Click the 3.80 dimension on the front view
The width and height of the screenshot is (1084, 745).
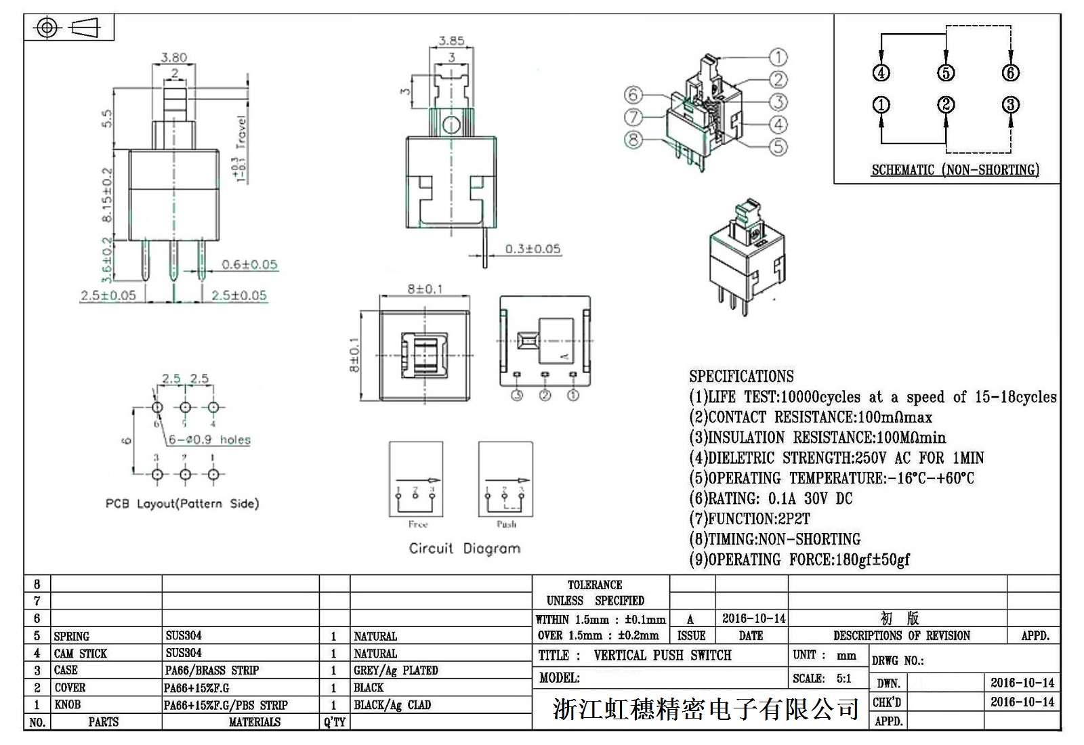[x=174, y=58]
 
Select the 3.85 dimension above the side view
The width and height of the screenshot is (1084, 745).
[x=451, y=41]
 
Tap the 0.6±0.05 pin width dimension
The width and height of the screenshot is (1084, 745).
[x=249, y=265]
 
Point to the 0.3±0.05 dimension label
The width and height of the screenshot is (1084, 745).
[x=533, y=249]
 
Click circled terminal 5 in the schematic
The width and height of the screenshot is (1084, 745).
[x=946, y=73]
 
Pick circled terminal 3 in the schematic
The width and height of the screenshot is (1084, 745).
[x=1010, y=105]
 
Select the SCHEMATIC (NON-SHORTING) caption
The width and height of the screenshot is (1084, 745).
[x=955, y=170]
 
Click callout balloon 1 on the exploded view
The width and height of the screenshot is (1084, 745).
[x=778, y=58]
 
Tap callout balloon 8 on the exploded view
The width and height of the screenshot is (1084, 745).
[x=633, y=140]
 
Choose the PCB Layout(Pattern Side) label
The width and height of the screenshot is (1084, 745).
[x=182, y=503]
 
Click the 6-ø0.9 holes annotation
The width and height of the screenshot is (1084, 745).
[x=209, y=440]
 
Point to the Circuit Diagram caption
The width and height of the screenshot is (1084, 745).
[x=465, y=549]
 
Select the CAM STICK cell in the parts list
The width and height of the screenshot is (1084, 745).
[x=81, y=654]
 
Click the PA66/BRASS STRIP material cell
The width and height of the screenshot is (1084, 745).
[x=212, y=670]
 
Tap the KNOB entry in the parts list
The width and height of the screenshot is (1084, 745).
[x=67, y=705]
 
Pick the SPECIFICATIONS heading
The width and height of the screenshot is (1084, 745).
[x=741, y=377]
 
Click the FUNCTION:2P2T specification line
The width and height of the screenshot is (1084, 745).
[x=749, y=519]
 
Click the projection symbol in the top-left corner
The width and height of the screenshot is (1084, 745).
[x=69, y=28]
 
